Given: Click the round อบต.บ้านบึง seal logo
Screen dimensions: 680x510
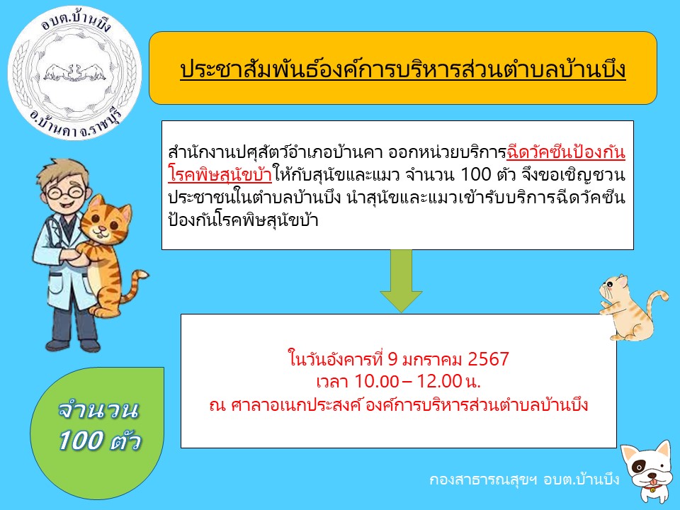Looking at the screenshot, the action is click(74, 72).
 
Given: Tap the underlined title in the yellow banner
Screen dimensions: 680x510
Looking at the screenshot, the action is click(403, 70).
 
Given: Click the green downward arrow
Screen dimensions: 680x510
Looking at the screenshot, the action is click(401, 280).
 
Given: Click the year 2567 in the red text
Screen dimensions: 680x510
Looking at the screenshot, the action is click(488, 359).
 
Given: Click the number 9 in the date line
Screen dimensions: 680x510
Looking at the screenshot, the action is click(392, 359).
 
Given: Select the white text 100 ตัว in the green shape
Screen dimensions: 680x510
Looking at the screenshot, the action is click(100, 441).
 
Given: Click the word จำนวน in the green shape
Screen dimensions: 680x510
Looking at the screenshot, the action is click(98, 410).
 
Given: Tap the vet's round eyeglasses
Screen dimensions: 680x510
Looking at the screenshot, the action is click(65, 192).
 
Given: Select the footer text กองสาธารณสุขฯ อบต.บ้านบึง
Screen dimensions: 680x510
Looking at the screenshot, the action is click(524, 480).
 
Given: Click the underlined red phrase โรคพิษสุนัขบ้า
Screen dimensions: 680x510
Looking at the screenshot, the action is click(220, 175).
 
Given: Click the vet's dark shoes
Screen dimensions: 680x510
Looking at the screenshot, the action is click(73, 345).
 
